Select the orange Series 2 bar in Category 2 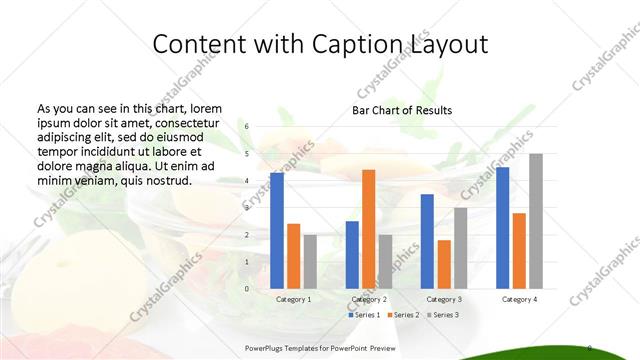368,229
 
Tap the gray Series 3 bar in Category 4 536,221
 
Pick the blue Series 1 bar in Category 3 427,241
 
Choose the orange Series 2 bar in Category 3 444,264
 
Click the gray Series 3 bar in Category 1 310,261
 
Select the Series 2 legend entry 404,315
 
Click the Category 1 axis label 293,299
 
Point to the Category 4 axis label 519,299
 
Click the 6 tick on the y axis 247,127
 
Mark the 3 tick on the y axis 247,208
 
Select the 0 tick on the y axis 247,289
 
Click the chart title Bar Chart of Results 402,110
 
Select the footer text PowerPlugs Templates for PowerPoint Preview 320,348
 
